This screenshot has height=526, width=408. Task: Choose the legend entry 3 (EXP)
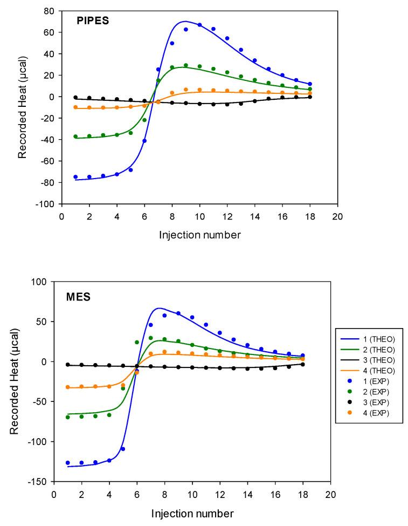click(x=369, y=402)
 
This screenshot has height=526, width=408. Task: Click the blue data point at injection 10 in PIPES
click(x=199, y=25)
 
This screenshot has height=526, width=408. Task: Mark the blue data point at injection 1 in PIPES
click(x=75, y=177)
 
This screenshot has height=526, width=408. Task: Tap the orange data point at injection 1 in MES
click(x=68, y=387)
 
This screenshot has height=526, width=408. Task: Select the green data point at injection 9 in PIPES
click(x=186, y=65)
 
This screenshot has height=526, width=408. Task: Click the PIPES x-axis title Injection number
click(x=199, y=235)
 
